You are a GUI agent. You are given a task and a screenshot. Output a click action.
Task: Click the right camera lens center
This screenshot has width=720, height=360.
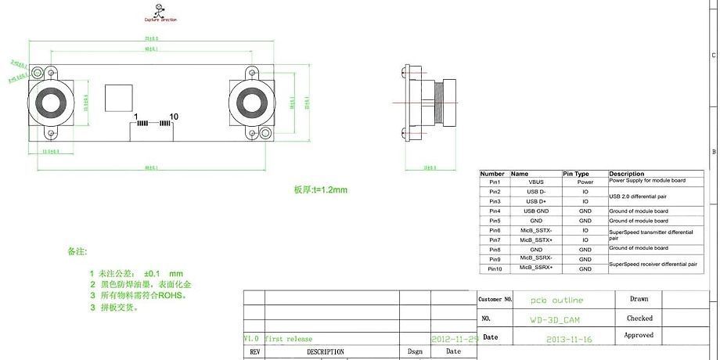pos(253,103)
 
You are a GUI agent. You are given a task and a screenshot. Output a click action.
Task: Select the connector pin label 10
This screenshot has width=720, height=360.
pos(174,117)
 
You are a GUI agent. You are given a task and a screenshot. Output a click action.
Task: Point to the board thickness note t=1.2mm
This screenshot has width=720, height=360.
pos(320,190)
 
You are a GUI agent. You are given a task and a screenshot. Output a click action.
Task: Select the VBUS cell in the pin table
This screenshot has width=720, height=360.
pos(535,182)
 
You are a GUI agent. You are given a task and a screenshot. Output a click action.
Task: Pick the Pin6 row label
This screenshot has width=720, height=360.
pos(494,230)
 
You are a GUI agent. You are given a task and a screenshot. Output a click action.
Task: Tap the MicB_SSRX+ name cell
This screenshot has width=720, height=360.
pos(535,268)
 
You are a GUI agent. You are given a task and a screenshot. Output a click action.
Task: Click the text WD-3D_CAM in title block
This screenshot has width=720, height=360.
pos(555,320)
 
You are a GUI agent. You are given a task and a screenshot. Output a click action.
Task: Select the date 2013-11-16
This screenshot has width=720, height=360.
pos(570,340)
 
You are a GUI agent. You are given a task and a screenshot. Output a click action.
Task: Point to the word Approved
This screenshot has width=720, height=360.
pos(639,335)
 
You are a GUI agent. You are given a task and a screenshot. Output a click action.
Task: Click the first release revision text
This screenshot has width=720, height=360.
pos(288,339)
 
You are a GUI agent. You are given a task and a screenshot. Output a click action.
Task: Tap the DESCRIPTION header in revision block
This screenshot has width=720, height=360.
pos(325,352)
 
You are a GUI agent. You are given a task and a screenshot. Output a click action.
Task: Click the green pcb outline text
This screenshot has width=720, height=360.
pos(556,301)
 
